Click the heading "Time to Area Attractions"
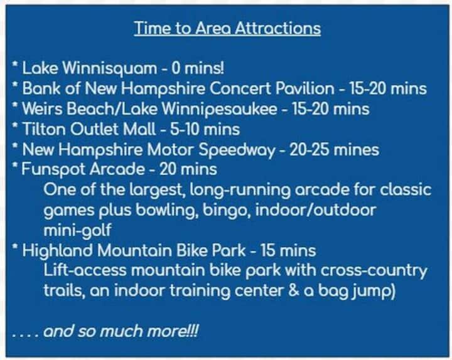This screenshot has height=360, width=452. point(227,28)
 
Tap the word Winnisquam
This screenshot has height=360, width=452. point(110,69)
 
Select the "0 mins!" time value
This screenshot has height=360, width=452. point(198,68)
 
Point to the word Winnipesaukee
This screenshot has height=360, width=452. point(219,110)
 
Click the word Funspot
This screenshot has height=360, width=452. point(53,170)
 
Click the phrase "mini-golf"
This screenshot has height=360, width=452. point(77,230)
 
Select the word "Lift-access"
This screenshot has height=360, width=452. point(85,270)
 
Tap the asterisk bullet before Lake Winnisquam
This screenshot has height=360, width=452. point(15,64)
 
